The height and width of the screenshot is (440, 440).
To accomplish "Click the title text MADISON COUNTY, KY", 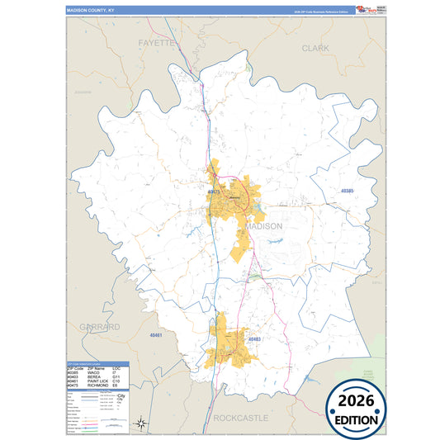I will pos(92,11).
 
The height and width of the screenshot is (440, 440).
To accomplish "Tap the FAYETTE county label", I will pos(157,42).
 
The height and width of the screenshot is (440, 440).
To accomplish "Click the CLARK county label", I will pos(315,49).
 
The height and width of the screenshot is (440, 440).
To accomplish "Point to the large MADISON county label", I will pos(264,226).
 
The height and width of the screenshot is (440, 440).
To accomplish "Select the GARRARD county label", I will pos(100,327).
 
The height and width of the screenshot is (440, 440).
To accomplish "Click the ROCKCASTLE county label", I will pos(240,419).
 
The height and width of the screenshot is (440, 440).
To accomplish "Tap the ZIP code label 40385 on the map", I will pos(347,192).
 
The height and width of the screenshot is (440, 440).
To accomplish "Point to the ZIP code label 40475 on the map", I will pos(214,192).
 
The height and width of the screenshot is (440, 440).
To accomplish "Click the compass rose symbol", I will pos(141,423).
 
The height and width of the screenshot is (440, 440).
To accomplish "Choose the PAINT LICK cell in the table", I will pos(94,381).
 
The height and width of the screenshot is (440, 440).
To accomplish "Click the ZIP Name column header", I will pos(94,368).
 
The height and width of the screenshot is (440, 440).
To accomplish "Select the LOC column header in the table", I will pos(116,368).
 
